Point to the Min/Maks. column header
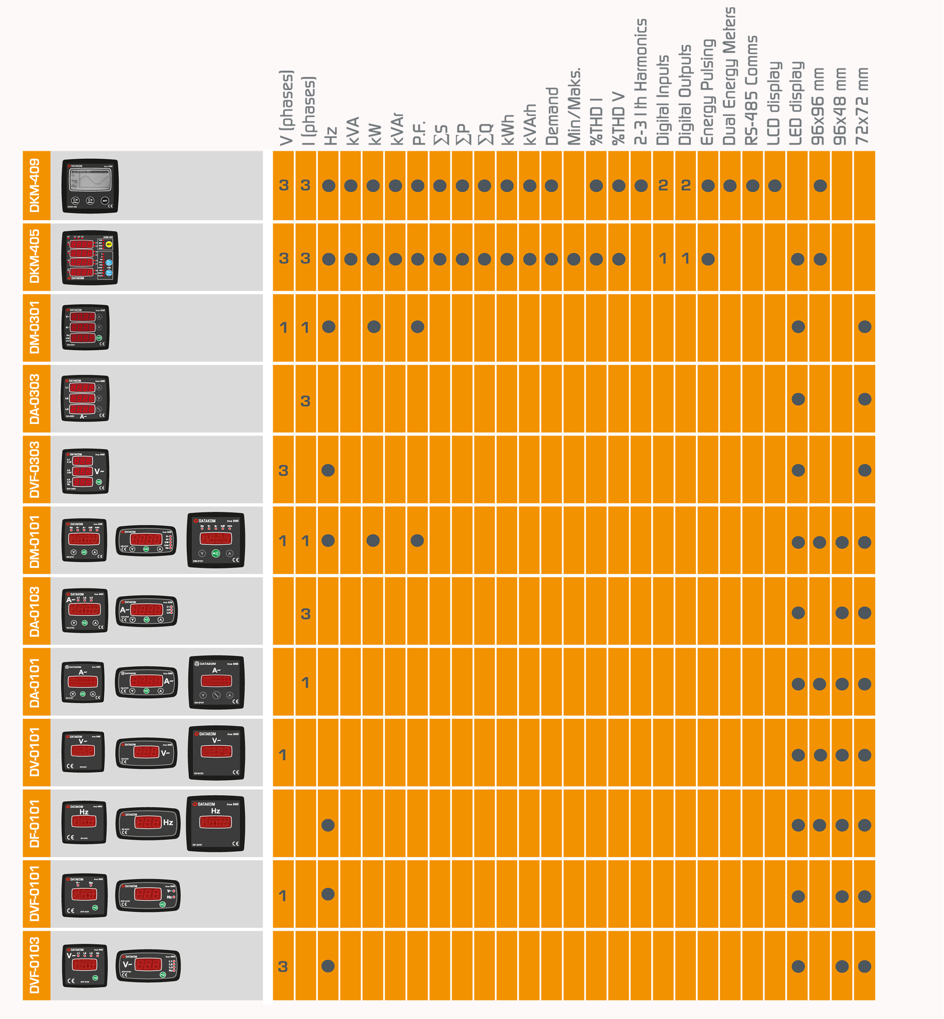574,106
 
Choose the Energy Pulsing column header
707,92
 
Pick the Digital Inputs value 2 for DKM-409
663,185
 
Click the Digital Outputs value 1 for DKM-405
685,259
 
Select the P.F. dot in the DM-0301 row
417,327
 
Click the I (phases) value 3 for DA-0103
306,614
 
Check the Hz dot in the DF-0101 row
328,825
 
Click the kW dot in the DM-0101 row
373,540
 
